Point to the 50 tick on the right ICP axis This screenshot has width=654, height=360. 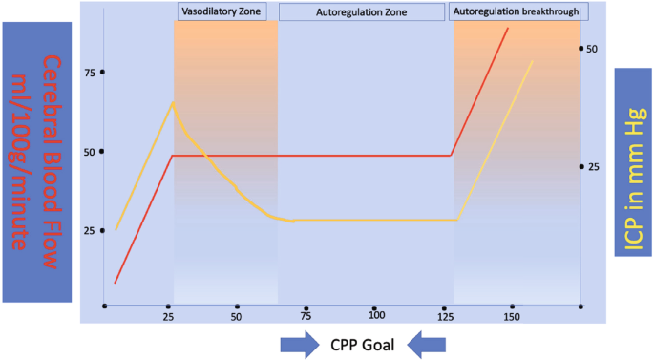(x=591, y=48)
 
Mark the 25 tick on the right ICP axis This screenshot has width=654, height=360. (x=591, y=166)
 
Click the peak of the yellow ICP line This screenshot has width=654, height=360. (x=173, y=101)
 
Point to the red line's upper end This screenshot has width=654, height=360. (x=507, y=29)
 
